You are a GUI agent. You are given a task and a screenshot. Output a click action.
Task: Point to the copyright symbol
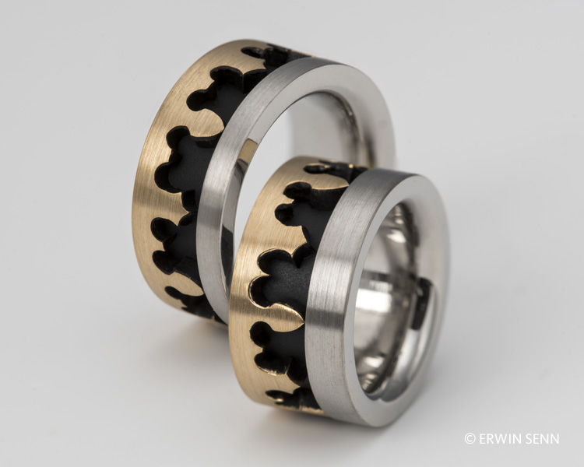pyautogui.click(x=470, y=438)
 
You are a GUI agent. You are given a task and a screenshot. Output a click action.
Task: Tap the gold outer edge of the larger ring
pyautogui.click(x=157, y=149)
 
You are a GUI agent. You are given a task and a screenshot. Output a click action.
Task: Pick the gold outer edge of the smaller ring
pyautogui.click(x=242, y=298)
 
